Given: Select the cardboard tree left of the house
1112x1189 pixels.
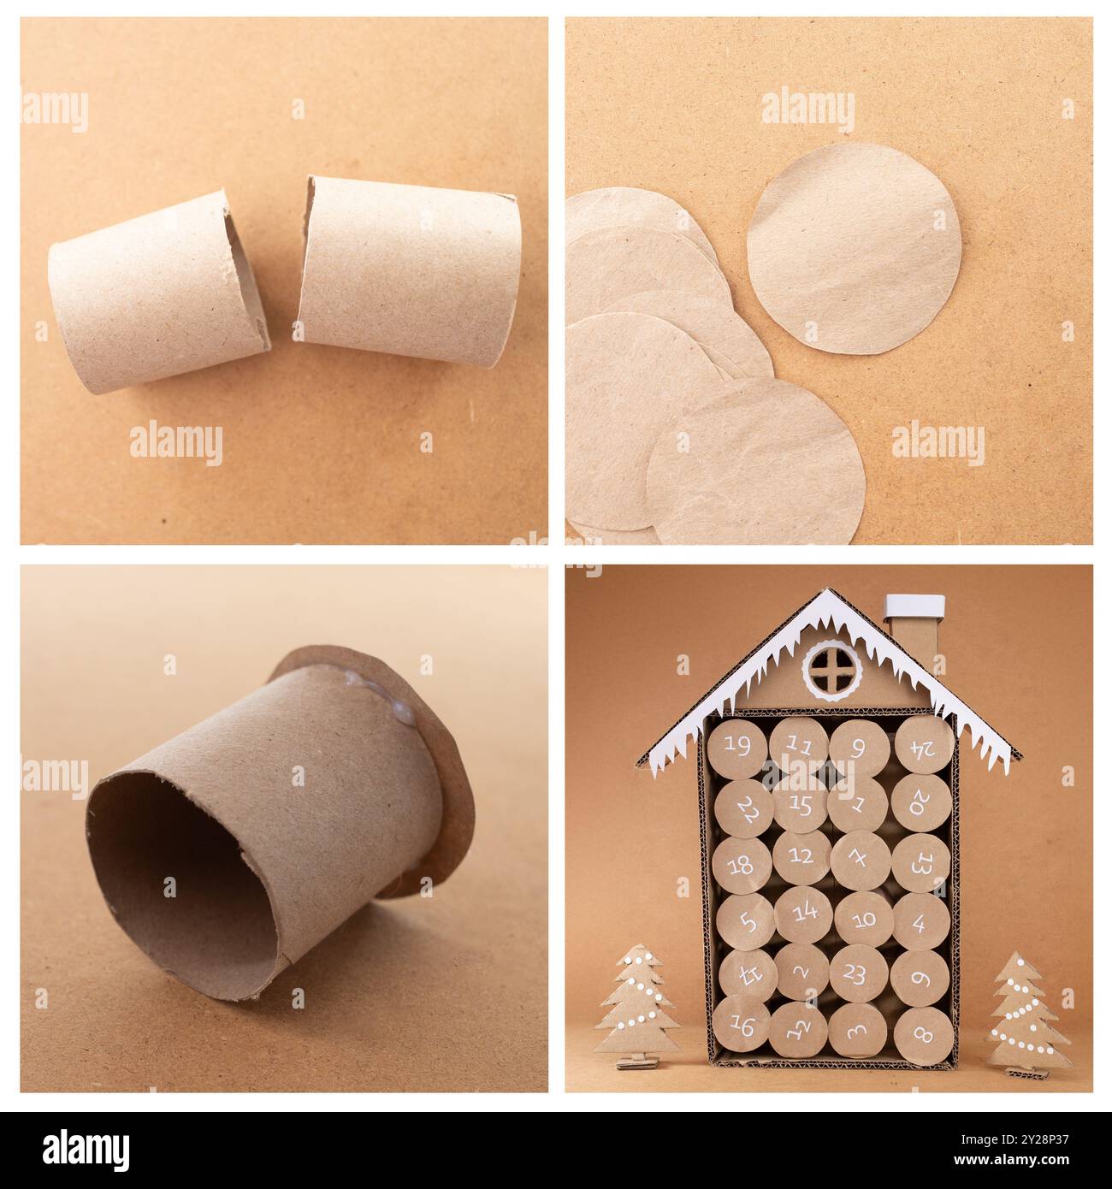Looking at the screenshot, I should [x=636, y=1004].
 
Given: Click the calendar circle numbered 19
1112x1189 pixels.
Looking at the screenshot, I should [x=738, y=743].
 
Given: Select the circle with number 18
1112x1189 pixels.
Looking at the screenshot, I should [x=741, y=864].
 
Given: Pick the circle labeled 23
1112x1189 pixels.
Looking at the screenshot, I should [x=857, y=973].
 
